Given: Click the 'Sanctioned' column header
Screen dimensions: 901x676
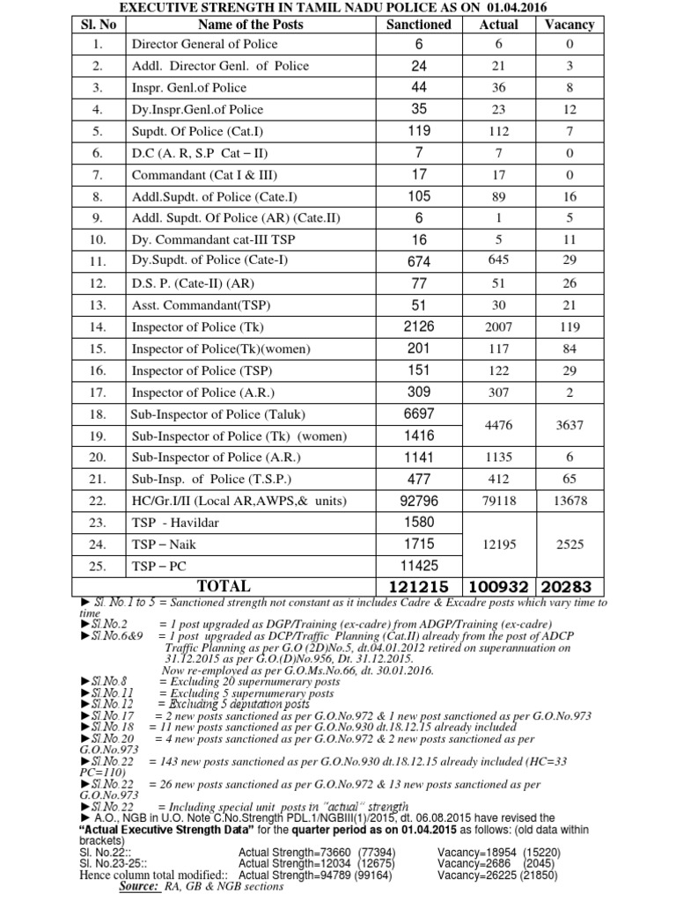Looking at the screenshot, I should click(x=419, y=24).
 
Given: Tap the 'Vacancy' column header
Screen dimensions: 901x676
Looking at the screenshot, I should click(x=569, y=24).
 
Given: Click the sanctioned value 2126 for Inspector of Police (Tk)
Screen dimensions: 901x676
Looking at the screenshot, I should click(x=419, y=326).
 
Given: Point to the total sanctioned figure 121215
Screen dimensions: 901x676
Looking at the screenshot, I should click(x=419, y=586).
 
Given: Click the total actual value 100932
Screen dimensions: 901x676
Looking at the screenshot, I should click(x=498, y=586).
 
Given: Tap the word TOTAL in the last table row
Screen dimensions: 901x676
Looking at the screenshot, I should click(x=224, y=586).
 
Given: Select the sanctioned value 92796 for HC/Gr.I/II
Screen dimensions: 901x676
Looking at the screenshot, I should click(x=419, y=500).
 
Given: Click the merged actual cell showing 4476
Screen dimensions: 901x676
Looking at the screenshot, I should click(x=498, y=425).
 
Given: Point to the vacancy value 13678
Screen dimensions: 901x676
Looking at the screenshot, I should click(x=569, y=500).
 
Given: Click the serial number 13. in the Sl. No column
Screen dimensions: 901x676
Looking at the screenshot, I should click(x=98, y=305).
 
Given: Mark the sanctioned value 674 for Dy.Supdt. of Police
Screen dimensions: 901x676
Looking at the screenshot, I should click(x=419, y=261).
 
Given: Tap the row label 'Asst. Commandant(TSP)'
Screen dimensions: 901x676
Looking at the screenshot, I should click(x=200, y=305).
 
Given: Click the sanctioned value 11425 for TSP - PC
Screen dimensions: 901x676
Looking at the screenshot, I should click(x=419, y=565).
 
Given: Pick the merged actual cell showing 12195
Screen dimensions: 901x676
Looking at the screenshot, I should click(x=498, y=544).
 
